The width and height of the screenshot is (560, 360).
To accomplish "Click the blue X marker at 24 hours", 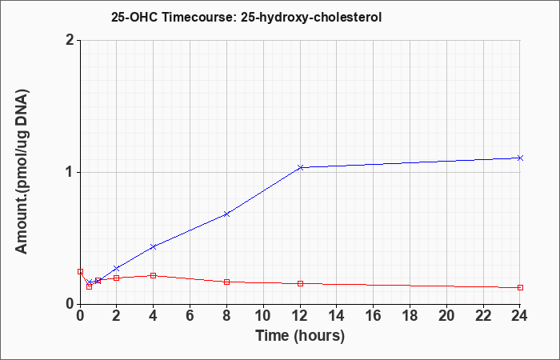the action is coord(520,158).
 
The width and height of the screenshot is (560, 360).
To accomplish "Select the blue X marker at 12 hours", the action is coord(300,167).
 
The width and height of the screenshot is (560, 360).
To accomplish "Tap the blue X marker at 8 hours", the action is coord(226,214).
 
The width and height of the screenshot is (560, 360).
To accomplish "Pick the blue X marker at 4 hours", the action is coord(154,246).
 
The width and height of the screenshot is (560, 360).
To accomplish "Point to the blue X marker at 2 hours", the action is coord(117,268).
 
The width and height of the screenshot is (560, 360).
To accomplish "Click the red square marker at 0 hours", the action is coord(80,271).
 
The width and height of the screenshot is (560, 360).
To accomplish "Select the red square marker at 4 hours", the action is coord(154,275).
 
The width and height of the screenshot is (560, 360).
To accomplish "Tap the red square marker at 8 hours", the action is coord(226,282).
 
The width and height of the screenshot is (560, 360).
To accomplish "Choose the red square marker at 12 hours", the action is coord(300,283).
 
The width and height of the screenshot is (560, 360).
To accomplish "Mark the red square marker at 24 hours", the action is coord(520,287).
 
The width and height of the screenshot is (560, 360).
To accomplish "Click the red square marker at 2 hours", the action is coord(117,278).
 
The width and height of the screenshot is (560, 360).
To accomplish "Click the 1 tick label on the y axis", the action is coord(70,173).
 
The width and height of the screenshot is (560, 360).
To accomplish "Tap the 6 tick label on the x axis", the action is coord(190,316).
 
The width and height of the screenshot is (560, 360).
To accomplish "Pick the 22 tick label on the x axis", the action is coord(483,316).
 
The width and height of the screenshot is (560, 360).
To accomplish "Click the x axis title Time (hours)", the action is coord(300,336).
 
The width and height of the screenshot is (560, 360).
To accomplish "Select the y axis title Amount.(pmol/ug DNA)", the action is coord(22,172).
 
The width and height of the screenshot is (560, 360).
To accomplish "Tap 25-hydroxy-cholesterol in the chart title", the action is coord(311,18).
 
